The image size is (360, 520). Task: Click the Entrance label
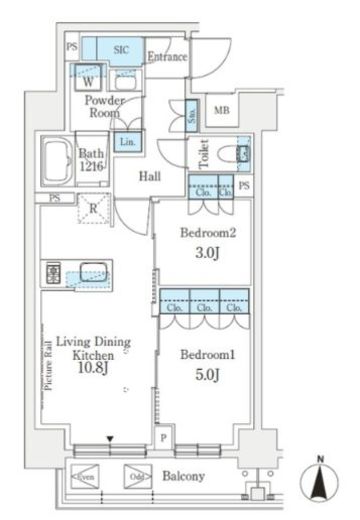click(x=167, y=57)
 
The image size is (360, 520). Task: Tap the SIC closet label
click(x=121, y=48)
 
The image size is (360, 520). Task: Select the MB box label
click(x=221, y=111)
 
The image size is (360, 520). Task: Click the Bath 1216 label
click(x=92, y=161)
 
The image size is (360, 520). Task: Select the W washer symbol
click(x=89, y=82)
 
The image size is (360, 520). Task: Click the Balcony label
click(x=184, y=476)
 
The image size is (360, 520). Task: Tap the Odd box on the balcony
click(x=136, y=476)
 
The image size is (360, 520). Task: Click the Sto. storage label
click(x=191, y=117)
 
